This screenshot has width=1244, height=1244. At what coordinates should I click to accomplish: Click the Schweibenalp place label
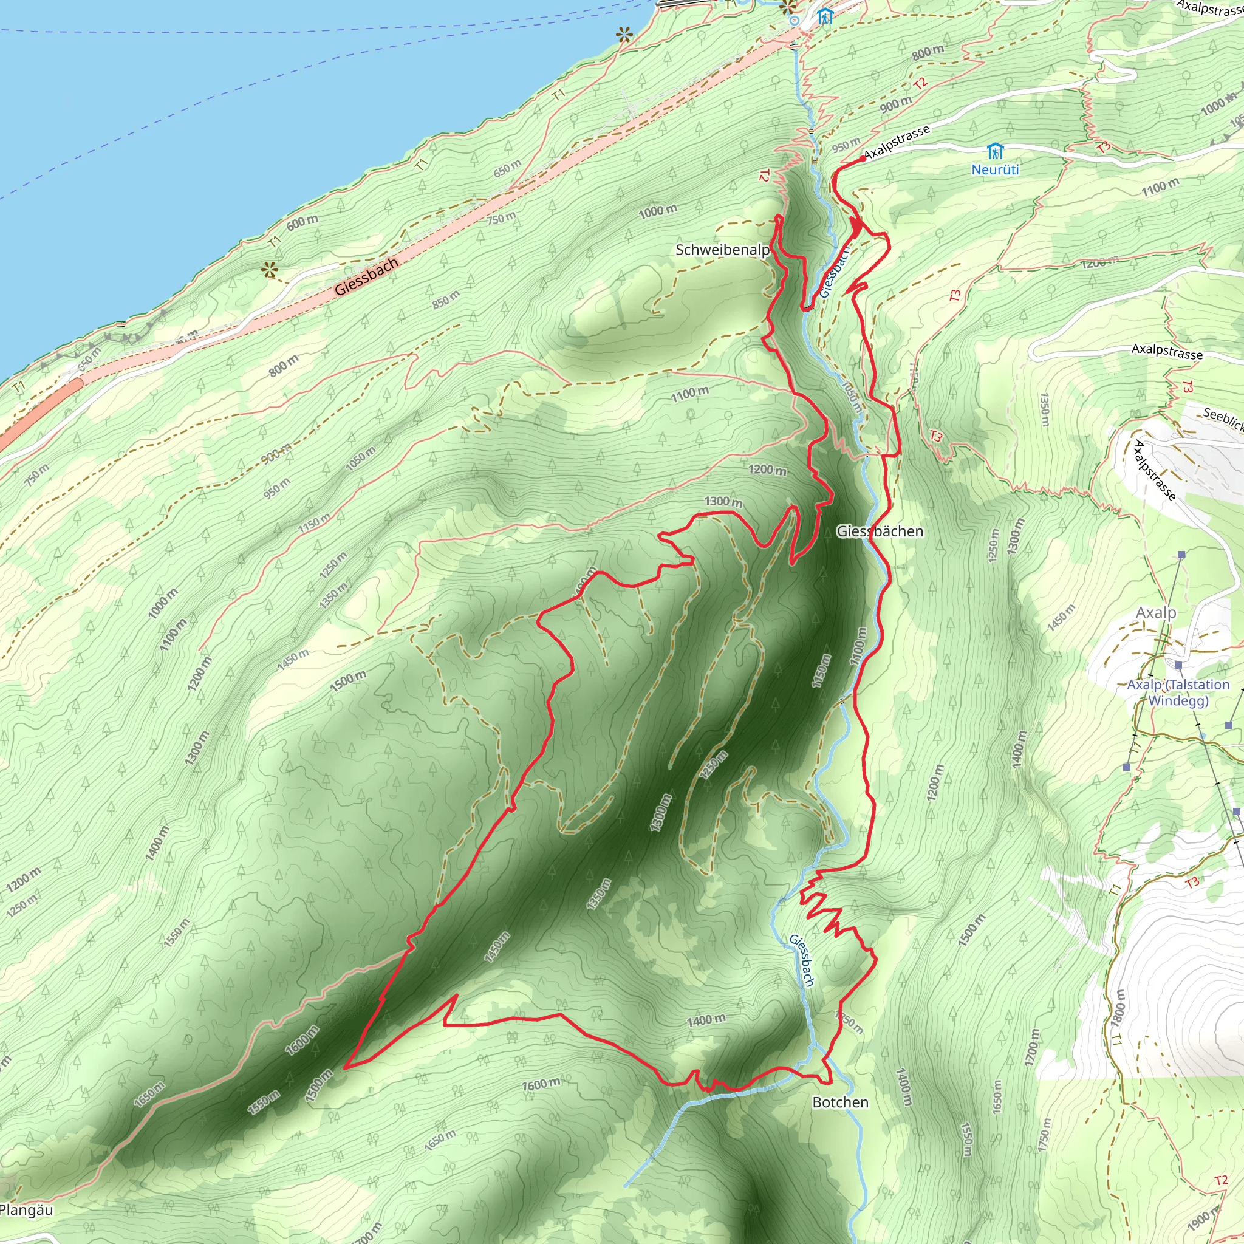point(722,250)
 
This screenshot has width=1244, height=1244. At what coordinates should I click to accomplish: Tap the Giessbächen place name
point(880,531)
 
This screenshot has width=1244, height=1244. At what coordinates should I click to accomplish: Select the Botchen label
point(840,1102)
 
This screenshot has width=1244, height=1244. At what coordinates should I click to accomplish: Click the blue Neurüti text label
point(995,169)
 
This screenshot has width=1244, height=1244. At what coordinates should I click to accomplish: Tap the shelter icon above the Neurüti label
point(996,152)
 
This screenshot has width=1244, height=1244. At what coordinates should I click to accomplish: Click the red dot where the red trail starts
point(863,159)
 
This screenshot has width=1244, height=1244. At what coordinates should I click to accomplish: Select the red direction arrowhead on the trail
point(856,225)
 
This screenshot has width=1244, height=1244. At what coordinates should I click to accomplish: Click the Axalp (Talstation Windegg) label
point(1178,693)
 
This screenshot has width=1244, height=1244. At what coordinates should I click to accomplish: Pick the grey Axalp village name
point(1156,612)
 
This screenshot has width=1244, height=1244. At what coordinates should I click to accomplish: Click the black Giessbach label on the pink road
point(366,276)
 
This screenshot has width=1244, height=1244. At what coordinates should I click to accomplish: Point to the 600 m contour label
point(302,222)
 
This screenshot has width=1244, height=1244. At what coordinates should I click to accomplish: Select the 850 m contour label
point(446,299)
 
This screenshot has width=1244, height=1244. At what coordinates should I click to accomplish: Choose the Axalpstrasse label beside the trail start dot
point(897,142)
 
